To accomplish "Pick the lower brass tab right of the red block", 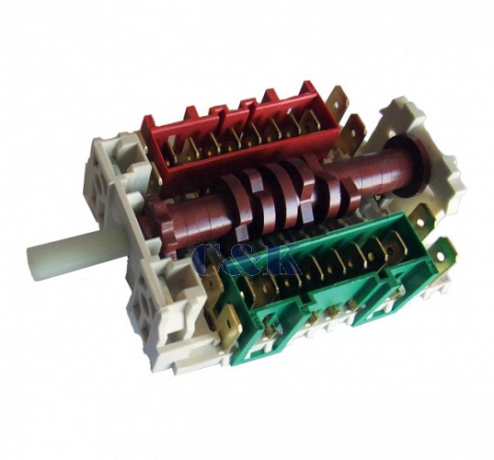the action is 353,130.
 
